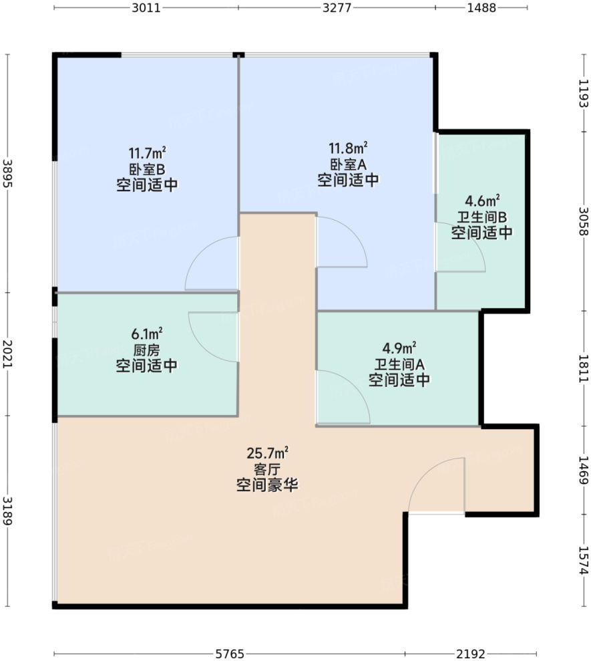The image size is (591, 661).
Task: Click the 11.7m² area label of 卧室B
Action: (x=146, y=152)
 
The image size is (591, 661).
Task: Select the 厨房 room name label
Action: (x=146, y=349)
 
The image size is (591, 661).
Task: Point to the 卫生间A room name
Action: (x=399, y=364)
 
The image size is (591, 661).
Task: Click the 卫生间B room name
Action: (x=481, y=217)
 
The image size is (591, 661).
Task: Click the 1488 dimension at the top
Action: (x=481, y=8)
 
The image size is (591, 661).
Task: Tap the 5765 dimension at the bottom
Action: (x=230, y=653)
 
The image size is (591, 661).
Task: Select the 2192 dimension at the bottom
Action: (x=471, y=653)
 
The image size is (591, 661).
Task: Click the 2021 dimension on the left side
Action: (x=7, y=353)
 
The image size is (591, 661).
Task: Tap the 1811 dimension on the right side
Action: (x=583, y=368)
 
